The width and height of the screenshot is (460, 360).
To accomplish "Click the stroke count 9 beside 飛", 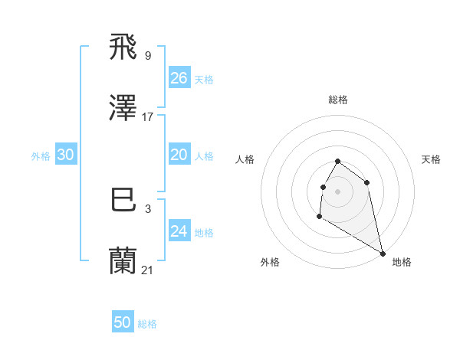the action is click(x=148, y=56).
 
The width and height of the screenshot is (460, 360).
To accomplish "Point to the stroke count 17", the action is click(x=148, y=117).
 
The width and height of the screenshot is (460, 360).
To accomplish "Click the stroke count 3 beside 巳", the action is click(x=148, y=208).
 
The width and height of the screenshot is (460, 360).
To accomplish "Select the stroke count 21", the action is click(x=148, y=269).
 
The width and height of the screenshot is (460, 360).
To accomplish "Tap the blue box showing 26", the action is click(x=179, y=78).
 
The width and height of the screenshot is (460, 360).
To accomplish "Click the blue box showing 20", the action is click(x=179, y=155).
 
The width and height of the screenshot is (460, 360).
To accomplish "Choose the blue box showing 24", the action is click(x=179, y=231).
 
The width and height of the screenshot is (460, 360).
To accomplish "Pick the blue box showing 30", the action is click(x=66, y=155).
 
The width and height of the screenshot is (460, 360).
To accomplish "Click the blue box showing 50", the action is click(x=123, y=322).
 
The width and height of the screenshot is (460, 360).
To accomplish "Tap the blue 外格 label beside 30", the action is click(x=41, y=156).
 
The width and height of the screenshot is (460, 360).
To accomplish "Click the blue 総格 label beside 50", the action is click(x=147, y=324).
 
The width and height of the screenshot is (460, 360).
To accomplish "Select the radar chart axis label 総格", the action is click(x=338, y=100).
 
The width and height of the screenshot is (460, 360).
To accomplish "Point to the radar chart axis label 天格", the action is click(x=431, y=159).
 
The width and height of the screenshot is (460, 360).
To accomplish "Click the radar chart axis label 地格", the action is click(x=402, y=263).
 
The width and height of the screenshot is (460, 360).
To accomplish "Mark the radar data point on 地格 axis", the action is click(x=383, y=254).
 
